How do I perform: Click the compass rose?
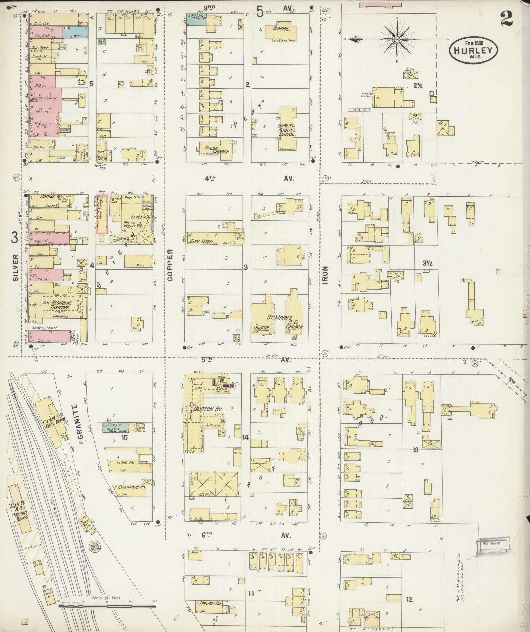point(397,39)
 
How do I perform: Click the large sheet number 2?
point(507,18)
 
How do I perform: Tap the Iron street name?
point(326,275)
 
